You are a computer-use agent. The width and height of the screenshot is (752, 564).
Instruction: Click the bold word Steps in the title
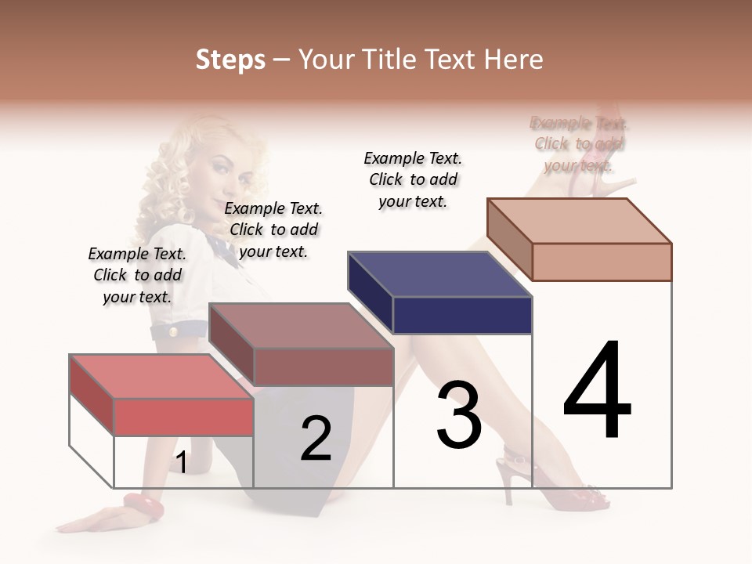coord(230,60)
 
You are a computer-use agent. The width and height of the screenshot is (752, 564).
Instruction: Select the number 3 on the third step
coord(458,415)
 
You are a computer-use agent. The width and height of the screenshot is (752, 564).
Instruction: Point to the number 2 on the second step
coord(316,439)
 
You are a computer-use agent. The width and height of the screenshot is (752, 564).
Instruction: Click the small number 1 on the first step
coord(181,463)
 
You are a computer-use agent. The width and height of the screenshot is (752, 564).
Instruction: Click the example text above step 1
coord(137,275)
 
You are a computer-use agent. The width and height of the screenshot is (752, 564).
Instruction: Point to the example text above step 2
coord(273,230)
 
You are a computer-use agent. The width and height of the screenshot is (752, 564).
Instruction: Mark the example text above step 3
coord(413,179)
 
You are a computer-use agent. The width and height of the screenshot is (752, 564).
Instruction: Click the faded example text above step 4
coord(579,144)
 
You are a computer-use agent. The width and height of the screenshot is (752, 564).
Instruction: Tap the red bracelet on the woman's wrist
coord(143,506)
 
